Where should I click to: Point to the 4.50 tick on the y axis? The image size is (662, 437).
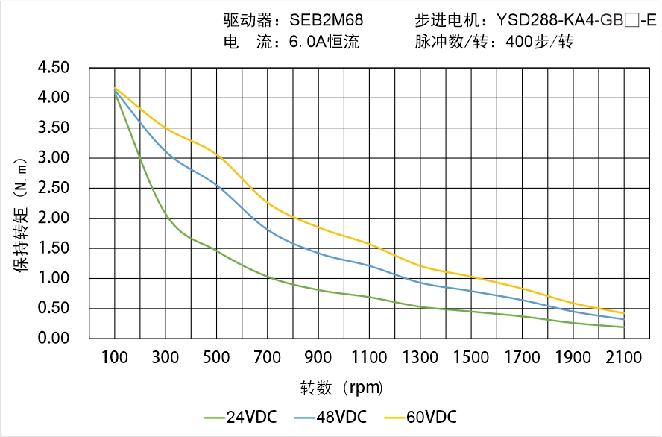pyautogui.click(x=53, y=68)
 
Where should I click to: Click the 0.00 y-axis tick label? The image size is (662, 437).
pyautogui.click(x=53, y=339)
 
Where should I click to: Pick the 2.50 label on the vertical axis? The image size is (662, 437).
pyautogui.click(x=53, y=188)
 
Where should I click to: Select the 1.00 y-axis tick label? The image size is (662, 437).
pyautogui.click(x=53, y=278)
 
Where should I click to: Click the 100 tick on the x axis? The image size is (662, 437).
pyautogui.click(x=115, y=358)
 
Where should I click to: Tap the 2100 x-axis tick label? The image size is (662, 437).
pyautogui.click(x=624, y=358)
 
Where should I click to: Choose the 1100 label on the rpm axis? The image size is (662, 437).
pyautogui.click(x=369, y=358)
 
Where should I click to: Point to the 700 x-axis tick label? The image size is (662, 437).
pyautogui.click(x=268, y=358)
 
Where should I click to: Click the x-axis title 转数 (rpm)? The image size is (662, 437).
pyautogui.click(x=342, y=388)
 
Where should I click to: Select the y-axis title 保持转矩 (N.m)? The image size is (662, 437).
pyautogui.click(x=22, y=213)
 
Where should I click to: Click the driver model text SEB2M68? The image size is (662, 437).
pyautogui.click(x=327, y=20)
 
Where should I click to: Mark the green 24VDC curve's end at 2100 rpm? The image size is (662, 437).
pyautogui.click(x=624, y=327)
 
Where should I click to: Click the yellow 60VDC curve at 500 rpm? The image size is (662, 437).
pyautogui.click(x=216, y=154)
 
